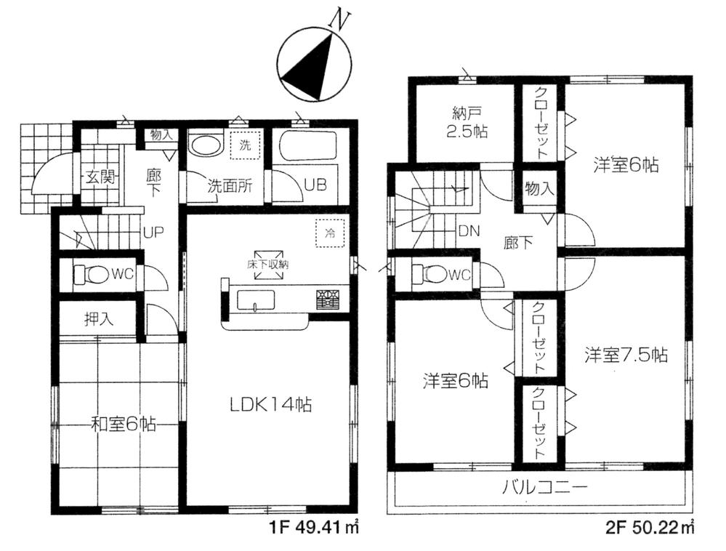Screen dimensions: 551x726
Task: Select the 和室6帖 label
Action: pos(121,422)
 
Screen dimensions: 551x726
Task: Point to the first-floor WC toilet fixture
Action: pos(90,275)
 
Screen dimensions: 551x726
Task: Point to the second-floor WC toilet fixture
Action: pos(428,274)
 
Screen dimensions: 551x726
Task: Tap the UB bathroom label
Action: pos(315,184)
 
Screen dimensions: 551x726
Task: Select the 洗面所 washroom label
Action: pos(230,185)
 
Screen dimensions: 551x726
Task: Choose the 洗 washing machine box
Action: pos(244,145)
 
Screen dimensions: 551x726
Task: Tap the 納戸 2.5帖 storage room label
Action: pos(465,123)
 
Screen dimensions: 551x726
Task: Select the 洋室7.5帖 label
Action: pos(626,355)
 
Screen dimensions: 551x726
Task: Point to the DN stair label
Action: pos(468,231)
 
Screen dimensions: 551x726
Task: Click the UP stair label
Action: pos(152,232)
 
